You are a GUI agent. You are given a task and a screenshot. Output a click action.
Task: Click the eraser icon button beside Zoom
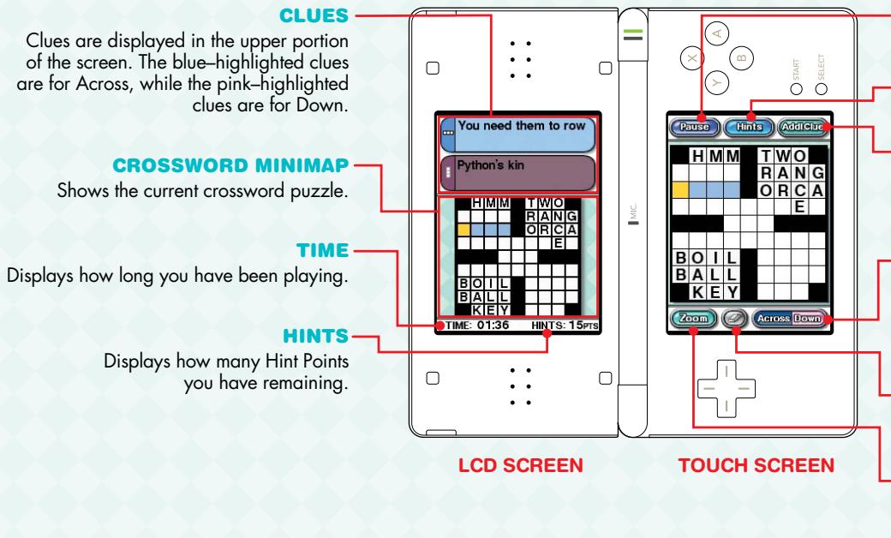[734, 320]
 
